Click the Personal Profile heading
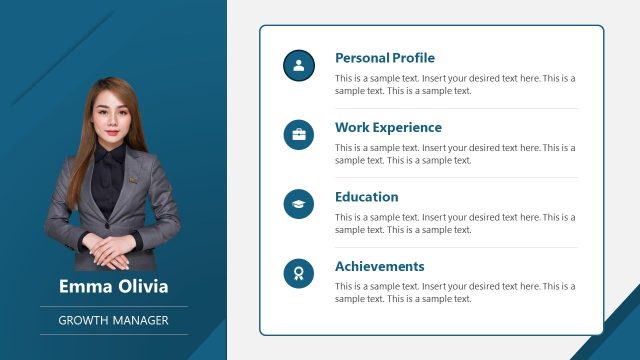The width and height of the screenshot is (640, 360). pos(385,58)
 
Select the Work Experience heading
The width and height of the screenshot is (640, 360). pos(388,128)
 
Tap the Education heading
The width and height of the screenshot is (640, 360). pos(366,197)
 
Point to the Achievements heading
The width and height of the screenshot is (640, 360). pos(379,267)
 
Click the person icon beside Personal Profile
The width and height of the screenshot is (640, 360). pos(299,66)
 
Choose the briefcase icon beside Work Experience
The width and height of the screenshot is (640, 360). pos(299,135)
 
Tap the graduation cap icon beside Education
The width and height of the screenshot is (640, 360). pos(299,204)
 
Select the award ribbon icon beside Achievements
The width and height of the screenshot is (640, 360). pos(299,273)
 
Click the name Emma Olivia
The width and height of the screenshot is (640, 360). pos(113,287)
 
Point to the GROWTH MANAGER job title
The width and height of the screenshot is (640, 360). pos(113,321)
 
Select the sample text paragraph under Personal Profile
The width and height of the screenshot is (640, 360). pos(455,84)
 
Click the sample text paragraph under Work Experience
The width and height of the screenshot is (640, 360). pos(455,154)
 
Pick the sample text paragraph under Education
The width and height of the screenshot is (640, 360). pos(455,223)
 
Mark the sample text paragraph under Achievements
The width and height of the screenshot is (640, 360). pos(455,292)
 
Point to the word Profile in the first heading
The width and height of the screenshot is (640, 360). pos(413,58)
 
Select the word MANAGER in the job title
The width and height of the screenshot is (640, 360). pos(139,321)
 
